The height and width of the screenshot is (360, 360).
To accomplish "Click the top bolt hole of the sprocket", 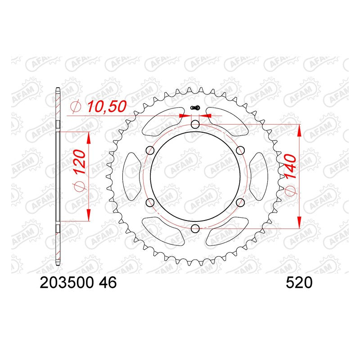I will click(x=195, y=125).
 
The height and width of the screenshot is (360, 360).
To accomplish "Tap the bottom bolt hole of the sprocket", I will click(x=195, y=228).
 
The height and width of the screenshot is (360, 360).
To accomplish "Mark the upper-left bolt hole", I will click(x=150, y=151).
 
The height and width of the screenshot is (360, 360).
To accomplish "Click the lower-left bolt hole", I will click(x=150, y=202).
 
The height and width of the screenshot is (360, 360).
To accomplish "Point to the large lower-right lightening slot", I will click(x=229, y=231).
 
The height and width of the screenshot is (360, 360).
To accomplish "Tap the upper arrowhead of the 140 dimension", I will click(x=299, y=130).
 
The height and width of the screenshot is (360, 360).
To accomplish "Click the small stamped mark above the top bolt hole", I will click(x=195, y=108).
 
